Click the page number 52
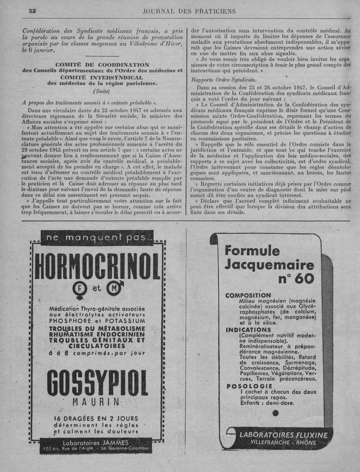coord(32,11)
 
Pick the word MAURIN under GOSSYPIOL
coord(98,402)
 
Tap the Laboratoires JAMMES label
coord(97,441)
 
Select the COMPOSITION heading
coord(248,295)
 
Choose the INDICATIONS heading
coord(248,330)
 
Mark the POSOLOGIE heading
coord(249,386)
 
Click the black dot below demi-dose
coord(275,413)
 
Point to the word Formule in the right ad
coord(252,250)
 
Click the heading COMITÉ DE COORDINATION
coord(102,65)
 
